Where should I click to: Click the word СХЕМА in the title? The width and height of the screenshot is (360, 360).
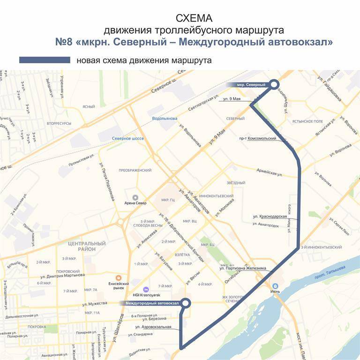(x=194, y=18)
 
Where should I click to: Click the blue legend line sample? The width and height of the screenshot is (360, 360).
(x=45, y=60)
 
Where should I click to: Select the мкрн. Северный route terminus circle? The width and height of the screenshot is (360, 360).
(x=274, y=84)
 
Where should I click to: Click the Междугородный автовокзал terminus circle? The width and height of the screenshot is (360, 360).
(x=186, y=303)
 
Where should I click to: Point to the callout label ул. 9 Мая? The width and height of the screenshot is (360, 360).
(x=232, y=99)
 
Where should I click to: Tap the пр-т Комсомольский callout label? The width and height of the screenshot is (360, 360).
(x=257, y=139)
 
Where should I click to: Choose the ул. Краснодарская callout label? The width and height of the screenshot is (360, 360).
(x=270, y=217)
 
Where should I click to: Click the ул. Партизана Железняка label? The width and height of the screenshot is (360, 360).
(x=243, y=268)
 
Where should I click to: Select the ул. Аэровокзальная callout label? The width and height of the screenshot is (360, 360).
(x=153, y=327)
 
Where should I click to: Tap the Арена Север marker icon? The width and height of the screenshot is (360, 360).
(x=135, y=197)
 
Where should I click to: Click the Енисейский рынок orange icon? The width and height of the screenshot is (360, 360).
(x=119, y=277)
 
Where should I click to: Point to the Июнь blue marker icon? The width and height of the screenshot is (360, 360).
(x=276, y=285)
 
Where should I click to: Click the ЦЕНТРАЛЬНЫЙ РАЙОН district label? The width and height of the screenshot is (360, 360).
(x=87, y=247)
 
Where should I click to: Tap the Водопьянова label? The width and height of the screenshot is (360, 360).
(x=165, y=119)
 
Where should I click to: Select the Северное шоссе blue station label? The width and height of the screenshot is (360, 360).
(x=127, y=139)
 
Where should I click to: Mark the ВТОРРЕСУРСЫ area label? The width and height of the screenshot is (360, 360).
(x=59, y=123)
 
